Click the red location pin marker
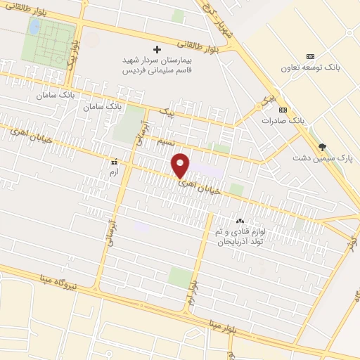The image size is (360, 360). pyautogui.click(x=181, y=165)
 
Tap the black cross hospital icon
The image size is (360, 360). pyautogui.click(x=157, y=50)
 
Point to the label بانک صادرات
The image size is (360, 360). pyautogui.click(x=287, y=121)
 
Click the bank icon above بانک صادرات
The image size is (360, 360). pyautogui.click(x=283, y=110)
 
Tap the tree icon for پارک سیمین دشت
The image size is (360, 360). pyautogui.click(x=323, y=147)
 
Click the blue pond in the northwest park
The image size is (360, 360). pyautogui.click(x=34, y=27)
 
